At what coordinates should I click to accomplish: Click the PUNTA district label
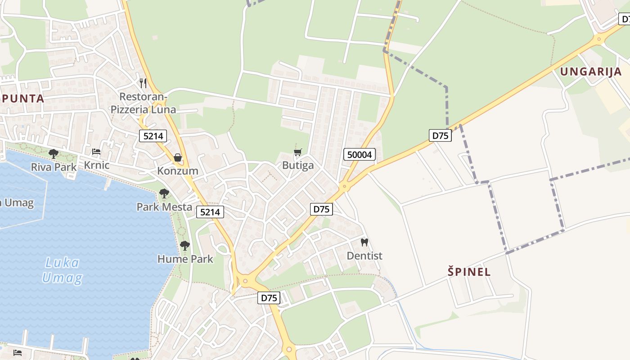pyautogui.click(x=22, y=99)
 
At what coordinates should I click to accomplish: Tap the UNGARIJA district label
pyautogui.click(x=591, y=72)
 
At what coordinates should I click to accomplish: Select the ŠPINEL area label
pyautogui.click(x=469, y=272)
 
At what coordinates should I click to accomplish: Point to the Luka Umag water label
pyautogui.click(x=63, y=270)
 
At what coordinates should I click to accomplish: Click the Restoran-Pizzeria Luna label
pyautogui.click(x=143, y=103)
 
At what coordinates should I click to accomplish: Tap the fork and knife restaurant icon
pyautogui.click(x=143, y=83)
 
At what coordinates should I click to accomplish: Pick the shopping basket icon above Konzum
pyautogui.click(x=178, y=157)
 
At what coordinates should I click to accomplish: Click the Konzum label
pyautogui.click(x=178, y=171)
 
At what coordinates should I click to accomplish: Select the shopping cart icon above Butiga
pyautogui.click(x=297, y=152)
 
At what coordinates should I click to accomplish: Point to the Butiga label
pyautogui.click(x=298, y=166)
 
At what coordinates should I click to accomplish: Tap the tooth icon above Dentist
pyautogui.click(x=364, y=242)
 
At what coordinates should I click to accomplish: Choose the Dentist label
pyautogui.click(x=364, y=256)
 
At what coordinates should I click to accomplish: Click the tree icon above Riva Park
pyautogui.click(x=54, y=154)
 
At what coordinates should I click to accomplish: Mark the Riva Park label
pyautogui.click(x=54, y=167)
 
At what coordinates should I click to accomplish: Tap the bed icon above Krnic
pyautogui.click(x=96, y=152)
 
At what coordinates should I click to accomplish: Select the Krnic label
pyautogui.click(x=97, y=165)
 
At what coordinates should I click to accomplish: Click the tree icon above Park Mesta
pyautogui.click(x=164, y=193)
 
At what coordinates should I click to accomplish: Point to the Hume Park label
pyautogui.click(x=185, y=259)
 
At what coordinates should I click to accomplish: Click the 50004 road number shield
pyautogui.click(x=360, y=155)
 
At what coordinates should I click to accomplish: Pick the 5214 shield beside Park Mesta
pyautogui.click(x=210, y=212)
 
